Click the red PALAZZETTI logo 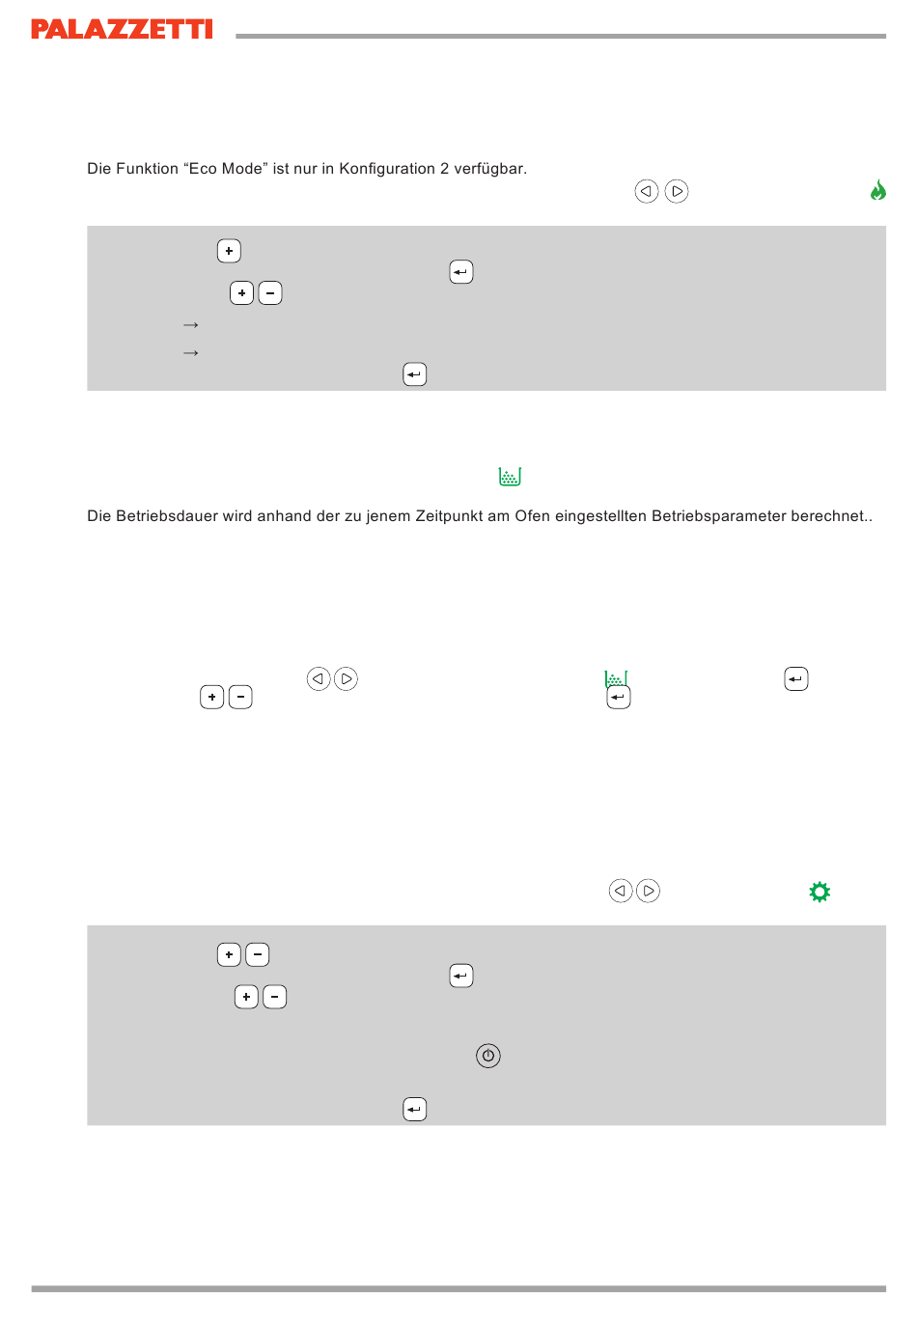122,29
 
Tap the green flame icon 877,190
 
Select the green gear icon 819,892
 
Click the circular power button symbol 487,1056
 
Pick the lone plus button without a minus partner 229,251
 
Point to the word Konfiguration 387,169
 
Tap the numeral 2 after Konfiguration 444,169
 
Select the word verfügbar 489,169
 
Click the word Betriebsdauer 167,516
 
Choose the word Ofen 532,516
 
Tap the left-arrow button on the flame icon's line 646,191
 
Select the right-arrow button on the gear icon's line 648,891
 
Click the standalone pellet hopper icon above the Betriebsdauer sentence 510,477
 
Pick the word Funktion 147,169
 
